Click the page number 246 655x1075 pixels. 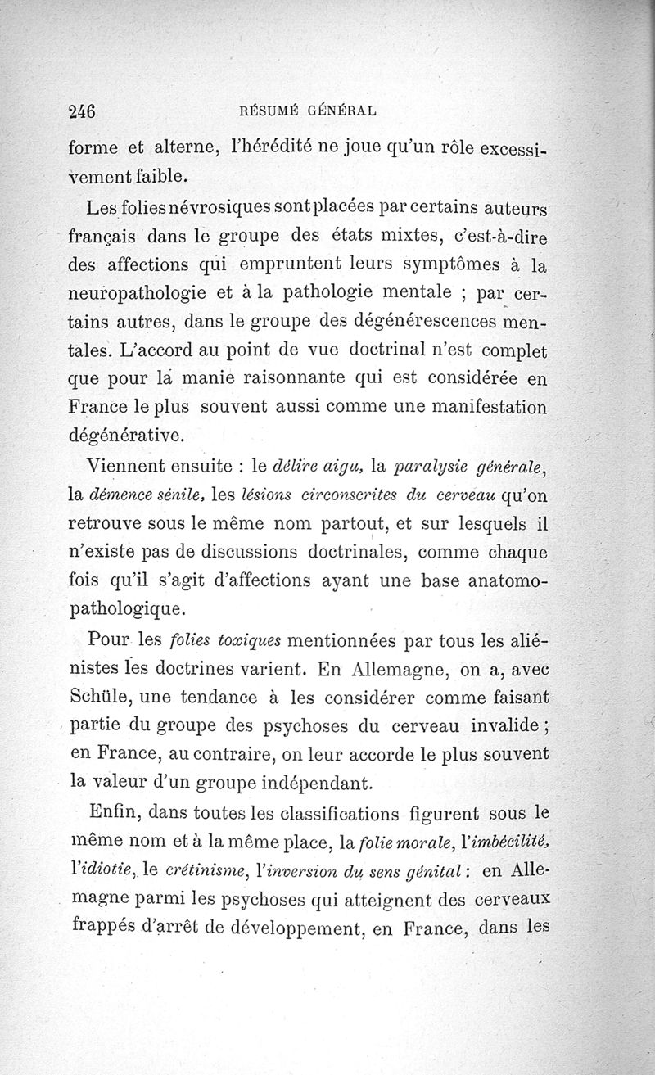(84, 111)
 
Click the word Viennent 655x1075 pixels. (132, 467)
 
